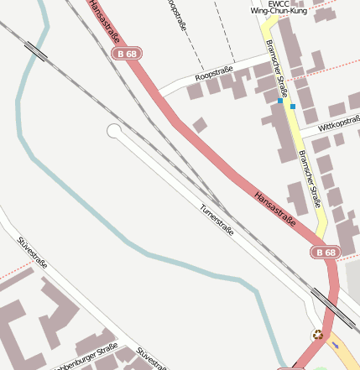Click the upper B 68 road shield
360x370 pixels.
click(x=125, y=54)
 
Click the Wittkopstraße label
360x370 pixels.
click(x=335, y=125)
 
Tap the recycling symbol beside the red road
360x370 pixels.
click(x=317, y=334)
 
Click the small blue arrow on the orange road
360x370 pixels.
click(x=336, y=345)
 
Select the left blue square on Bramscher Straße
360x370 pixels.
click(x=280, y=101)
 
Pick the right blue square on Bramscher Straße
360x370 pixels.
click(x=293, y=107)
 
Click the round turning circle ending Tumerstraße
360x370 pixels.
click(x=114, y=130)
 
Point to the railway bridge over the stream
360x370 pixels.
click(x=35, y=50)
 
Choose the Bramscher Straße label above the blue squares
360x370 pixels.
click(x=276, y=69)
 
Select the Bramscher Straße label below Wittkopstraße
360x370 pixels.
click(x=309, y=178)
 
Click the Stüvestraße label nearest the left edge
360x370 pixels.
click(x=31, y=254)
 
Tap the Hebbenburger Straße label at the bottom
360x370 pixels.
click(x=84, y=358)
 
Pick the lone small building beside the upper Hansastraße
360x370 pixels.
click(x=200, y=125)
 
